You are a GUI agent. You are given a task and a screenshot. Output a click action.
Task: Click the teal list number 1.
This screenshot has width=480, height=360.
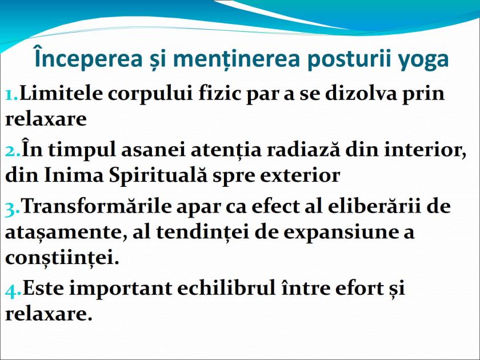pos(11,93)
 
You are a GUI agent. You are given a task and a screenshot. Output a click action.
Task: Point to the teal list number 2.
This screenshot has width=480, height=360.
pos(12,150)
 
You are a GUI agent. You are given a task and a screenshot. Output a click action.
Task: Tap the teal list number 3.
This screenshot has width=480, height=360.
pos(12,206)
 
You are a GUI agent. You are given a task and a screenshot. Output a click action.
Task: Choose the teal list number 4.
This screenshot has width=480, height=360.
pos(13,289)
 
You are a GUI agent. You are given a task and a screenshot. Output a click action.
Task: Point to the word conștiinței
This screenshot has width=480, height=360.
pos(62,258)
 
